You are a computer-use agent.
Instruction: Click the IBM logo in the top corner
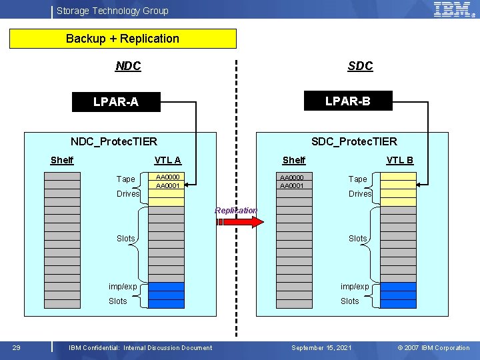click(453, 9)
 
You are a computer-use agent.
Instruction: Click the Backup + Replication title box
click(123, 39)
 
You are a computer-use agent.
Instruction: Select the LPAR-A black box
click(116, 102)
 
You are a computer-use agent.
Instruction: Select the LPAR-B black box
click(347, 101)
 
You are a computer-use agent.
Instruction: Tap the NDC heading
click(128, 65)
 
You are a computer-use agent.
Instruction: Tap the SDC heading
click(360, 65)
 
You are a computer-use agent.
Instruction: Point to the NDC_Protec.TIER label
click(114, 141)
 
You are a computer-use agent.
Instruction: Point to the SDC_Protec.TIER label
click(354, 141)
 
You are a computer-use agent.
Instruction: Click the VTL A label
click(167, 159)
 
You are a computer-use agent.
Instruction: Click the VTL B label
click(400, 159)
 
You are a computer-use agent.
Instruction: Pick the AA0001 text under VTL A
click(167, 185)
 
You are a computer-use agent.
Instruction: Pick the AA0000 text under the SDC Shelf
click(292, 177)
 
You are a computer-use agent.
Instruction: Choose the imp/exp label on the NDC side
click(123, 286)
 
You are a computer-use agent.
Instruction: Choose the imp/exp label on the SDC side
click(355, 286)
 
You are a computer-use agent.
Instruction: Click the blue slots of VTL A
click(166, 292)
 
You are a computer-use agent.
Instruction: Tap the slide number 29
click(17, 347)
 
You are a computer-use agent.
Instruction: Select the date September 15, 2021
click(321, 347)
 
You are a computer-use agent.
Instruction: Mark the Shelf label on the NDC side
click(62, 159)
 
